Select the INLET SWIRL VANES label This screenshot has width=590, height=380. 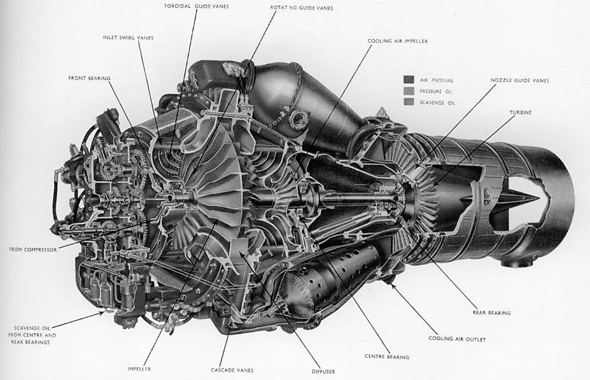(x=128, y=38)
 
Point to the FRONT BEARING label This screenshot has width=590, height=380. (x=90, y=78)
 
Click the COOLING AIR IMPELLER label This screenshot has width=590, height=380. (x=397, y=41)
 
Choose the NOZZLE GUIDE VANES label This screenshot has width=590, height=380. (x=519, y=81)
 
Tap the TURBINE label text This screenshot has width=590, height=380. (x=520, y=112)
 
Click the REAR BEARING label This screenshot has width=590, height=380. (x=491, y=313)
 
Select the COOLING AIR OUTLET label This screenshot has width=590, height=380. (x=453, y=339)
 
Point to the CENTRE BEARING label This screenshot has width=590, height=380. (x=386, y=357)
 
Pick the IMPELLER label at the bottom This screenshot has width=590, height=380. (x=139, y=369)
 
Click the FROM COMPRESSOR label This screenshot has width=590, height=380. (x=33, y=250)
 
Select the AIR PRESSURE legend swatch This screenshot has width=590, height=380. (x=409, y=80)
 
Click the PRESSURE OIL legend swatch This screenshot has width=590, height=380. (x=409, y=91)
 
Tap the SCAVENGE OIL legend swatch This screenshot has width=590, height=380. (x=409, y=102)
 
